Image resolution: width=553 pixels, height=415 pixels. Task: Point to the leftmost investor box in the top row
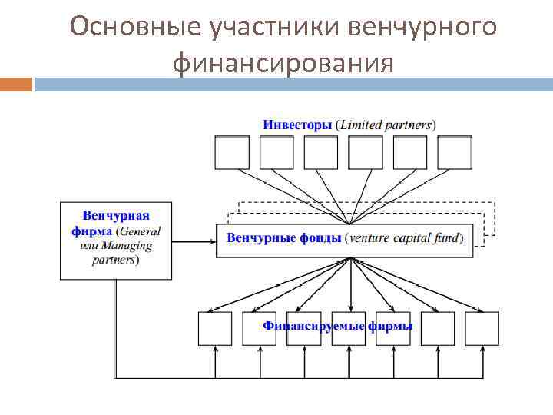(231, 152)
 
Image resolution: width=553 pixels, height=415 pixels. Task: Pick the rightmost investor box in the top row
(454, 152)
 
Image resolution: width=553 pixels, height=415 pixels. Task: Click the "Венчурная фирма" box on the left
(117, 239)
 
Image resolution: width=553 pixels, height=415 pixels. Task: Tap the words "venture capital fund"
(404, 238)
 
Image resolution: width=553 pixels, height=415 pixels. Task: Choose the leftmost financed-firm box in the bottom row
(215, 328)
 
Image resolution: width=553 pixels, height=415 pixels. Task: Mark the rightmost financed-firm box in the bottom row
(482, 328)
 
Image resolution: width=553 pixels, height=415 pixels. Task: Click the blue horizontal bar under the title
(292, 83)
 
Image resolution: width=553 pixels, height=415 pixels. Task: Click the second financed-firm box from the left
(260, 328)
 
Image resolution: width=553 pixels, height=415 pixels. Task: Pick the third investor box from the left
(320, 152)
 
